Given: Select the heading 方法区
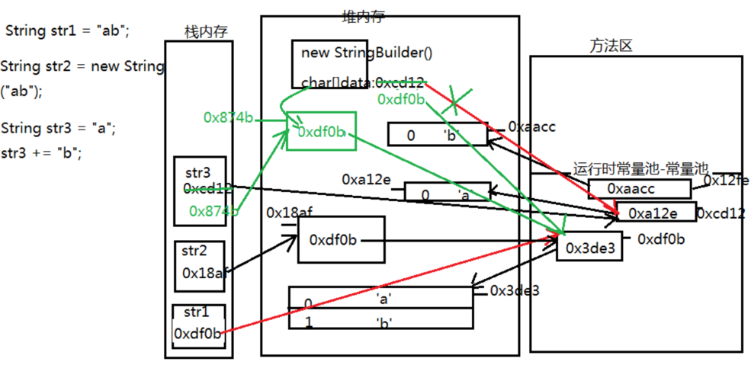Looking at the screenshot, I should (x=611, y=46).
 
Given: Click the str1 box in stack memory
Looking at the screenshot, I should (x=198, y=326).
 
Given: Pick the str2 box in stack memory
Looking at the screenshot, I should (x=199, y=264).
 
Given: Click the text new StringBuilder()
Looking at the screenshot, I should (x=367, y=53).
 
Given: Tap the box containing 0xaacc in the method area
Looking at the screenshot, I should (x=639, y=188).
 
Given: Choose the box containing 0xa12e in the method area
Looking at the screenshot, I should (x=654, y=213).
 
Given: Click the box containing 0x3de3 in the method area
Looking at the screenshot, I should (x=589, y=246).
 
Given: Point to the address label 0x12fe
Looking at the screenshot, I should (x=725, y=181).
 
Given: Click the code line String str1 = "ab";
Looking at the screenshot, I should (x=68, y=30).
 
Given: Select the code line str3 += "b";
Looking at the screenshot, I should (x=41, y=152).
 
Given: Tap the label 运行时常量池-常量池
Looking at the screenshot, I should (x=640, y=168).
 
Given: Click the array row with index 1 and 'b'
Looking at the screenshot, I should (x=380, y=321).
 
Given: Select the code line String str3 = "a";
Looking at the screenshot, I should (x=59, y=127).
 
